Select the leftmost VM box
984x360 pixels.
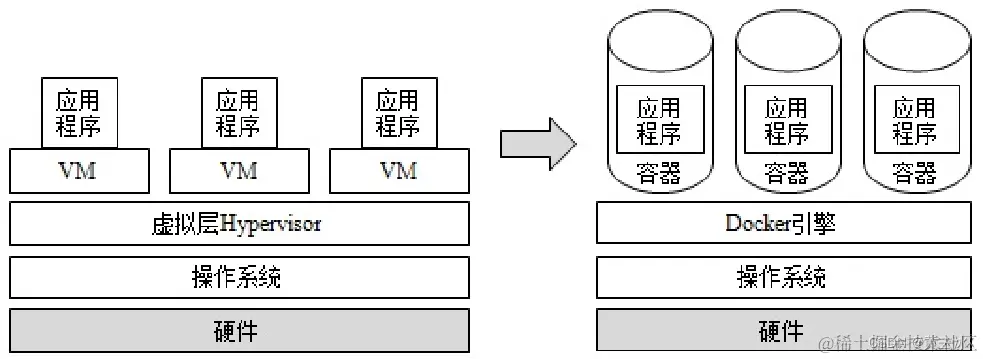[x=79, y=171]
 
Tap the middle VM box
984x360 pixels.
[x=239, y=171]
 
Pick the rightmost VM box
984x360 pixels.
[x=398, y=171]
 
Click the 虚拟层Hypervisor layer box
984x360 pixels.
[x=239, y=224]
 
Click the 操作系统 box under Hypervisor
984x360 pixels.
[x=239, y=277]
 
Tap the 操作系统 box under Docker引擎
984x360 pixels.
[x=783, y=277]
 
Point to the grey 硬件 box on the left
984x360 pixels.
[x=239, y=330]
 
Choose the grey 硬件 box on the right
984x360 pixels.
[x=783, y=330]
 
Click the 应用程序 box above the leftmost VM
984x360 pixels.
[x=79, y=113]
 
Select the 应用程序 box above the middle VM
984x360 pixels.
[x=239, y=113]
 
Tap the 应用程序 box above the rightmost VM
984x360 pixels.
[x=398, y=113]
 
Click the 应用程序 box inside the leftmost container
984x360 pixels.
[x=660, y=119]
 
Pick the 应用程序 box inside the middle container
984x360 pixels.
[x=788, y=119]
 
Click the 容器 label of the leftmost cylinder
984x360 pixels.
[x=660, y=173]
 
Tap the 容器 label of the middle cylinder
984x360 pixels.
[x=788, y=173]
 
